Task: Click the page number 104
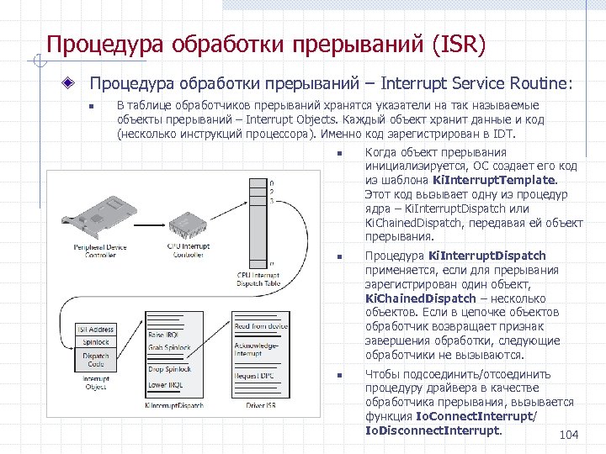(x=568, y=435)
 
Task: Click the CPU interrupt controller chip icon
(x=192, y=222)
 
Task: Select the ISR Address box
(x=96, y=330)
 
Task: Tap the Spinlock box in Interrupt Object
(x=96, y=342)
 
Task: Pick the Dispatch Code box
(x=96, y=360)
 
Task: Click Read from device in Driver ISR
(x=261, y=326)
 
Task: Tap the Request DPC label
(x=253, y=375)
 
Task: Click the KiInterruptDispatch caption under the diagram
(x=174, y=405)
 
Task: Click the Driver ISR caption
(x=260, y=405)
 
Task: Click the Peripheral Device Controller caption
(x=100, y=250)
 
